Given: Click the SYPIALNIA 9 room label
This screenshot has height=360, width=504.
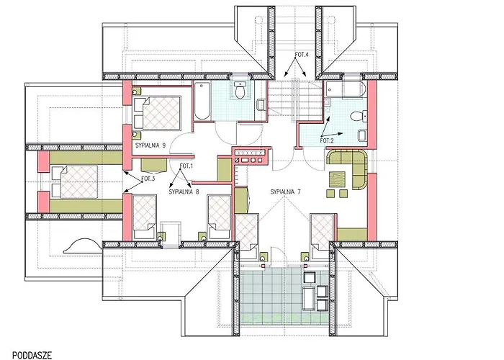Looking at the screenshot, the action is [x=150, y=145].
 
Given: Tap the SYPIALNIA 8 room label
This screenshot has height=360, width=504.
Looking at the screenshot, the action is [x=184, y=192].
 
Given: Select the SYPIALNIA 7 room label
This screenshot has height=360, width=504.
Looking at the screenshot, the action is [x=285, y=192].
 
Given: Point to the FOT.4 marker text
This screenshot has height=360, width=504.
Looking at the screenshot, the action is [x=302, y=55].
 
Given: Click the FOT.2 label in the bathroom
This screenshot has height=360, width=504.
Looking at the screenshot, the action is [x=327, y=140].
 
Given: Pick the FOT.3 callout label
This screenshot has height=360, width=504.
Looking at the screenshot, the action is [x=148, y=179].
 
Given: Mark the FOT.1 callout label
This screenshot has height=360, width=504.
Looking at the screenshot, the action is [x=186, y=166].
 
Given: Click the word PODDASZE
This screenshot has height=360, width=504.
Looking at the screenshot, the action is [x=32, y=355].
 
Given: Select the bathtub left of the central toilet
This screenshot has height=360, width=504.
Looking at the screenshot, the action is [x=202, y=101].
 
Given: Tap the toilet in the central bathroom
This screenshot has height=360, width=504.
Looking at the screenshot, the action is [x=240, y=90].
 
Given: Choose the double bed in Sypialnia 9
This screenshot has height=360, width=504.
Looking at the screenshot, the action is [x=158, y=112].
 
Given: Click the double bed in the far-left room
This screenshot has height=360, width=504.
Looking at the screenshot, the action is [x=75, y=181].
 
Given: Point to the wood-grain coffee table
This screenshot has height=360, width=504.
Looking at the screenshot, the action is [x=337, y=179].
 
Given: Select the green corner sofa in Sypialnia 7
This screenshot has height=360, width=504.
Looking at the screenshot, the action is [x=348, y=168].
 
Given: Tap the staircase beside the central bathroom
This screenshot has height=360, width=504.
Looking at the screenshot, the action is [x=295, y=100].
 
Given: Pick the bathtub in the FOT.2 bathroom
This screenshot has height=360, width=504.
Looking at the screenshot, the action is [x=346, y=89].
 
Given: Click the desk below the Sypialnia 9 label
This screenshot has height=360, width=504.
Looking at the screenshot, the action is [x=154, y=165].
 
